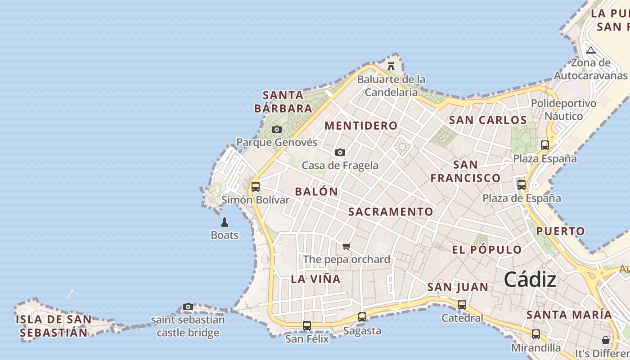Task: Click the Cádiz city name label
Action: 530,280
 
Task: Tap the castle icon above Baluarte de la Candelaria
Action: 391,66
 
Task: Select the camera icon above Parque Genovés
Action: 277,130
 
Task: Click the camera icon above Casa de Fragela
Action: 340,153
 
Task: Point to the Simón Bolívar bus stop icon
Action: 256,186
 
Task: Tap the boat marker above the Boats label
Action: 225,222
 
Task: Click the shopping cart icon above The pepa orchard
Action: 346,246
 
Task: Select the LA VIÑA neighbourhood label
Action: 315,279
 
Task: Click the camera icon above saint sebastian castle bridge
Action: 188,307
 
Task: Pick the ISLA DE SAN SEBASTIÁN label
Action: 54,326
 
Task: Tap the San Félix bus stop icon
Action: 307,325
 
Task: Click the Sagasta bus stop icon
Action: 362,317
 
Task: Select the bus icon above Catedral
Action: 462,305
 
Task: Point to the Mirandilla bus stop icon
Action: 535,334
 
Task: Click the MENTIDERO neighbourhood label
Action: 361,126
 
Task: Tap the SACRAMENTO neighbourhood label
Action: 391,212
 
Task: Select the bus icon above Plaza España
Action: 545,145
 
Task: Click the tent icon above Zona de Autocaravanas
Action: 591,50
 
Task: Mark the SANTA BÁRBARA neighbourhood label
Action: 283,102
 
